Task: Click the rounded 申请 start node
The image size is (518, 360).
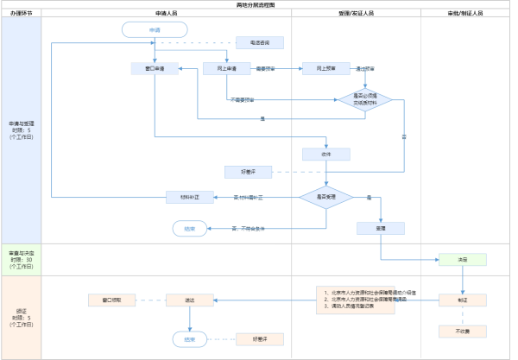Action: point(155,29)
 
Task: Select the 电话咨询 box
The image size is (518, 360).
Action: point(260,42)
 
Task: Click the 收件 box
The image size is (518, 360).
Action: point(326,155)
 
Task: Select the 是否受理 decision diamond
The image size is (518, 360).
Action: point(326,198)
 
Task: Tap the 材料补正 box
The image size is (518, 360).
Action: point(189,198)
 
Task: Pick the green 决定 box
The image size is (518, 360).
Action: point(463,259)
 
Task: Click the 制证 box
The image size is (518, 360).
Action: point(463,300)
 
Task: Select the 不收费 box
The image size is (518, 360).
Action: point(463,331)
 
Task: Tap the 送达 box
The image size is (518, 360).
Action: point(189,300)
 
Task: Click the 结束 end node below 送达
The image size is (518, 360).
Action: point(189,339)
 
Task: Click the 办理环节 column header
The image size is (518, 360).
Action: point(21,14)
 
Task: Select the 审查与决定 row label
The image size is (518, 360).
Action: point(21,259)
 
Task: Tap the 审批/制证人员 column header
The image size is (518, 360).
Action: point(465,14)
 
